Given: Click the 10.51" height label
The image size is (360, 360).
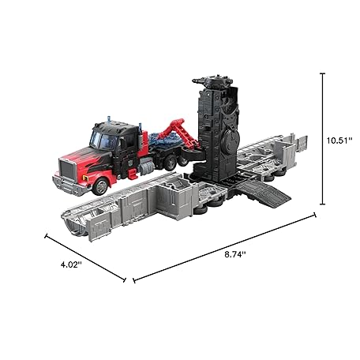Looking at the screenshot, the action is click(x=339, y=141).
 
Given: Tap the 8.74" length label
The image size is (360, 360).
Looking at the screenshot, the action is click(x=235, y=254).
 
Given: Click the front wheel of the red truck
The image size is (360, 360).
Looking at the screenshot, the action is click(x=101, y=186).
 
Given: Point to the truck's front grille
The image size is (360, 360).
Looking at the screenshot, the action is click(x=68, y=169).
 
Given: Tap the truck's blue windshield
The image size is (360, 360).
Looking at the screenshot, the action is click(x=103, y=141).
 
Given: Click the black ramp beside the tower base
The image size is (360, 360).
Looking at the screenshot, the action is click(x=263, y=193).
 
